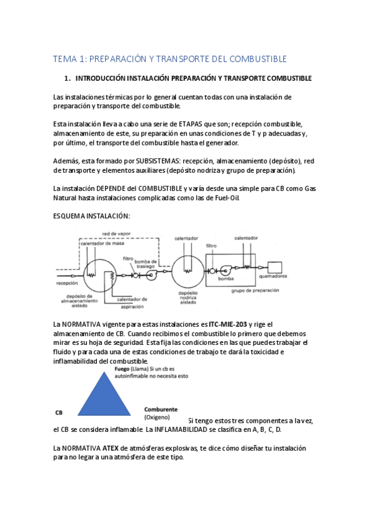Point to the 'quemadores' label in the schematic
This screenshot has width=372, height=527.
(273, 276)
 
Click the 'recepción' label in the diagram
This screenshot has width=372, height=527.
(66, 282)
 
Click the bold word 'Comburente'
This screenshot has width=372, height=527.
(161, 409)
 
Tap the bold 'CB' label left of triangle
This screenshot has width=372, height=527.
(59, 412)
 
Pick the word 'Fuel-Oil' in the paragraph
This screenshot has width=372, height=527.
(224, 198)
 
